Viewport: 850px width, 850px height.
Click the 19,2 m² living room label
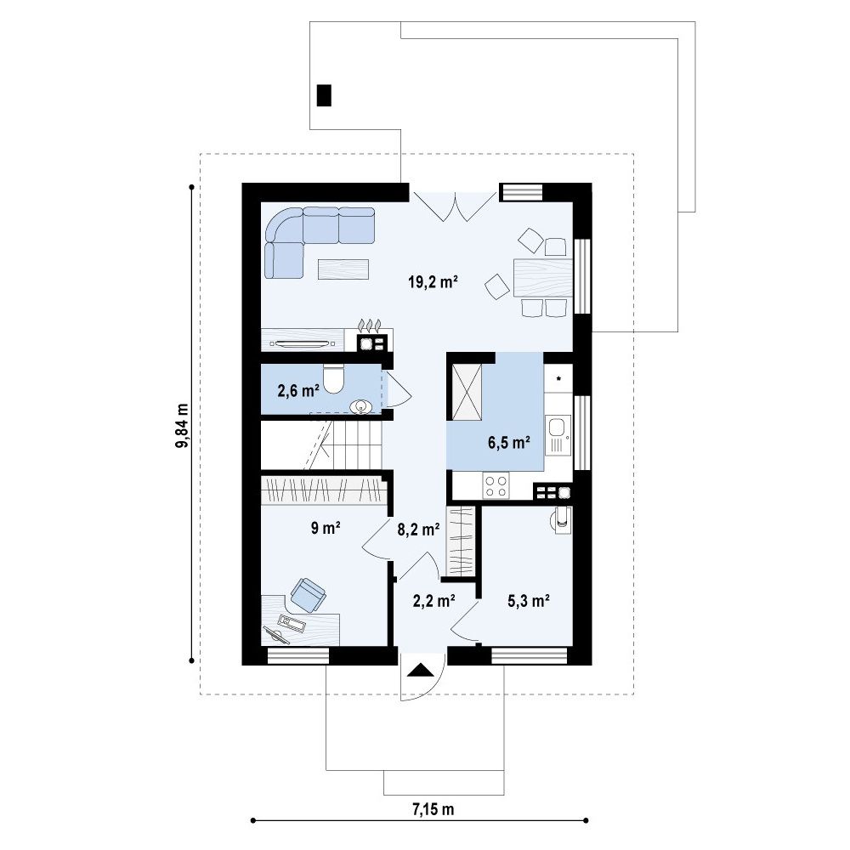point(433,282)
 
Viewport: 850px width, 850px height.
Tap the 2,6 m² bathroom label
point(297,390)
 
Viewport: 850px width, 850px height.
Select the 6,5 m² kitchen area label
point(508,443)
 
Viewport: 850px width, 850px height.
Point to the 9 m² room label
point(326,528)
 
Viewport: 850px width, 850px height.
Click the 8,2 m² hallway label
point(418,530)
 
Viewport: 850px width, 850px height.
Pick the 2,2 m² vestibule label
point(433,601)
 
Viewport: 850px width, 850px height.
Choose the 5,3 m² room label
point(529,601)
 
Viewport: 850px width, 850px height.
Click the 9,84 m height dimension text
point(182,426)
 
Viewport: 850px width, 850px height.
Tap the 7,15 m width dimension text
point(433,810)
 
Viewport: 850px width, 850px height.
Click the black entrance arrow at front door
point(422,671)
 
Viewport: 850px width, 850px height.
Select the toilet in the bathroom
point(333,379)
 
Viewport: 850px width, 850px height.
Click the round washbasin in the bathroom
point(361,406)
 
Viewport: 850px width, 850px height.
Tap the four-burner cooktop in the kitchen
point(496,485)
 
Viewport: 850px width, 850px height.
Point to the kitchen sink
point(558,434)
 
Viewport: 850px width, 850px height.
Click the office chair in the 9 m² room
point(308,595)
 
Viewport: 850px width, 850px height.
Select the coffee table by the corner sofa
point(343,269)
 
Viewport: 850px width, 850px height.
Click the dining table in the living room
point(542,278)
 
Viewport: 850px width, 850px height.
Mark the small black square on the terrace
point(324,95)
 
